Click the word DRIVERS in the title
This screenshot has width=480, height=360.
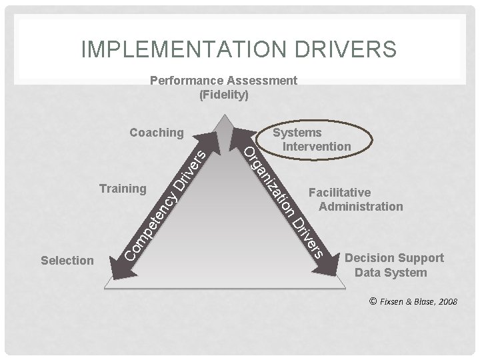pyautogui.click(x=344, y=49)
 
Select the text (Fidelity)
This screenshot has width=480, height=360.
pyautogui.click(x=224, y=95)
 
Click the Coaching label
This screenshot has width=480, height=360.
pyautogui.click(x=156, y=133)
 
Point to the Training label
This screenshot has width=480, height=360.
pyautogui.click(x=122, y=189)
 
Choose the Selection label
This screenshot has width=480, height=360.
pyautogui.click(x=67, y=260)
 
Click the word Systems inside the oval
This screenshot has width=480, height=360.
pyautogui.click(x=297, y=133)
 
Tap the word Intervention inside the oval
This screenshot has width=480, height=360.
pyautogui.click(x=317, y=146)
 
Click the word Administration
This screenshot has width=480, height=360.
pyautogui.click(x=361, y=207)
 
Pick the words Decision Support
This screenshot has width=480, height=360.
pyautogui.click(x=394, y=258)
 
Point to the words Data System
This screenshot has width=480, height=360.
pyautogui.click(x=391, y=272)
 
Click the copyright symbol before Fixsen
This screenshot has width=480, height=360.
pyautogui.click(x=372, y=301)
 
